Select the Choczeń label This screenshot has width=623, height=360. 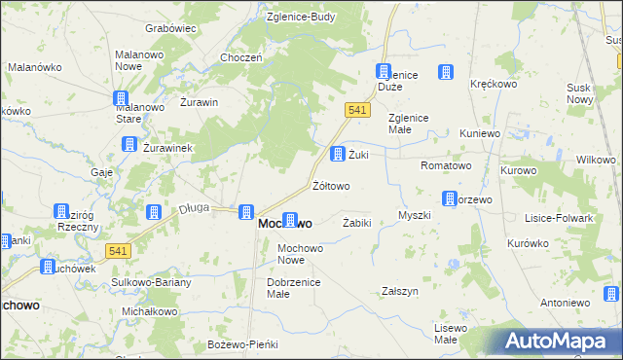241,57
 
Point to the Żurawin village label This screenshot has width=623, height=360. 199,102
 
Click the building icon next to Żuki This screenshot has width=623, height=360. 337,154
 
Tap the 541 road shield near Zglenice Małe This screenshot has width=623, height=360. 357,111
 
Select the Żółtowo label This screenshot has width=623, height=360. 330,185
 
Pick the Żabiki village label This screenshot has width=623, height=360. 357,223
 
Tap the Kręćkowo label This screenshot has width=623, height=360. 492,85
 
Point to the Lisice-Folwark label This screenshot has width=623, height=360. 558,218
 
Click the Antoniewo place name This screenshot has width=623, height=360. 566,303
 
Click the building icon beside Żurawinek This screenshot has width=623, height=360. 128,144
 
